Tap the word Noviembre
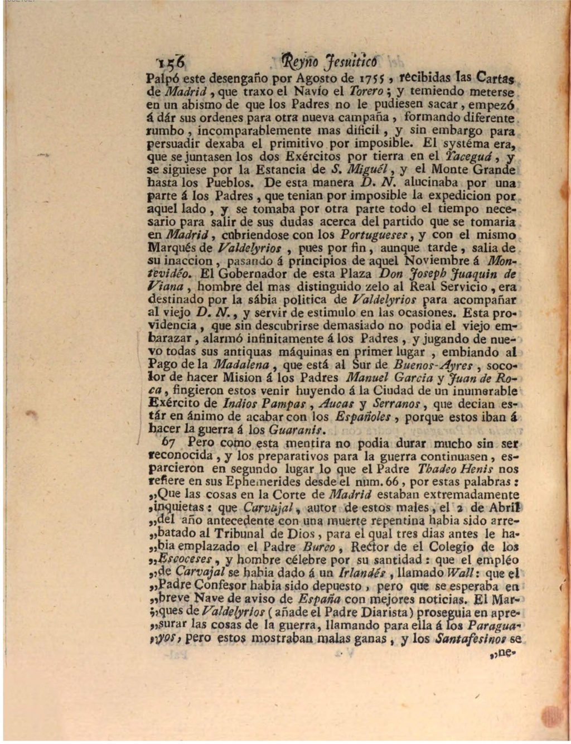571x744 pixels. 438,260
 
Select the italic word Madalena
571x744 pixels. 241,365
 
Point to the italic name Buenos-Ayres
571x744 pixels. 433,365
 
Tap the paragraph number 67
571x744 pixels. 168,443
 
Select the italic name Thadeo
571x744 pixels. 437,469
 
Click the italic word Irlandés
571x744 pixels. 364,573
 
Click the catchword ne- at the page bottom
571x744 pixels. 500,652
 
